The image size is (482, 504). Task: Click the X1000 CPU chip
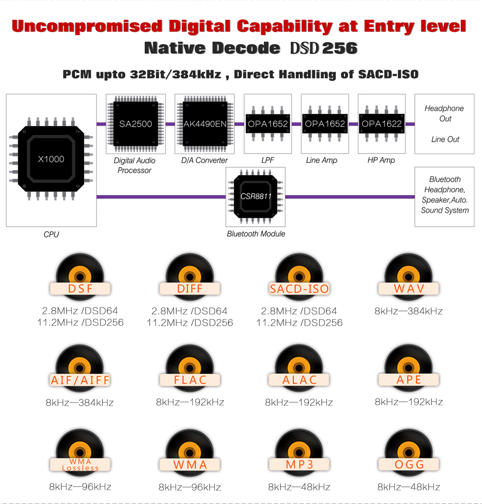pyautogui.click(x=51, y=159)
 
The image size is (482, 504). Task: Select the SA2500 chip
pyautogui.click(x=135, y=124)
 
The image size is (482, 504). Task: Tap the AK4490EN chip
pyautogui.click(x=204, y=124)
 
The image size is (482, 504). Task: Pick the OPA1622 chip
pyautogui.click(x=382, y=124)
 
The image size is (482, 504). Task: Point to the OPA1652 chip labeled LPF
pyautogui.click(x=267, y=124)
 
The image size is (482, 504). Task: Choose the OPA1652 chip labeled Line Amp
pyautogui.click(x=325, y=124)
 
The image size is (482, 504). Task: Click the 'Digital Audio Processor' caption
pyautogui.click(x=134, y=165)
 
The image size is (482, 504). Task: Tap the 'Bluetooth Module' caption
pyautogui.click(x=256, y=234)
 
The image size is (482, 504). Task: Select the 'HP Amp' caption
pyautogui.click(x=381, y=160)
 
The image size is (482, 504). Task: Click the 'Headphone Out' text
pyautogui.click(x=444, y=113)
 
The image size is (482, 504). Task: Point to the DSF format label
pyautogui.click(x=80, y=289)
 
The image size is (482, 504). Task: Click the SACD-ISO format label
pyautogui.click(x=299, y=289)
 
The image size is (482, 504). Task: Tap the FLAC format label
pyautogui.click(x=190, y=380)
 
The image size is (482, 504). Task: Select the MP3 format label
pyautogui.click(x=299, y=464)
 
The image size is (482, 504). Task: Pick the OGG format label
pyautogui.click(x=409, y=464)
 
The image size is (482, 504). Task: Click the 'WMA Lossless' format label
pyautogui.click(x=80, y=464)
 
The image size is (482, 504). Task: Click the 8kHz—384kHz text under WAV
pyautogui.click(x=408, y=311)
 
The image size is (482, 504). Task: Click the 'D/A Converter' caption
pyautogui.click(x=204, y=160)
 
